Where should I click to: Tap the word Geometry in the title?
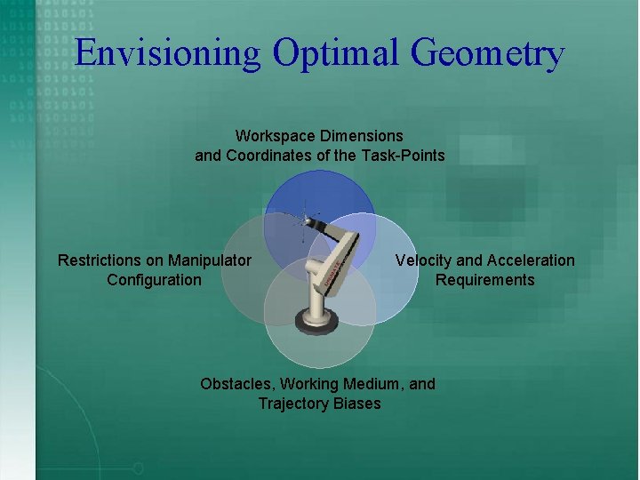tap(488, 53)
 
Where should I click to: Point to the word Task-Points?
tap(403, 156)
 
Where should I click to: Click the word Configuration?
tap(154, 280)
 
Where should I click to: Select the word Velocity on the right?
tap(423, 260)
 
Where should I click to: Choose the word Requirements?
tap(484, 280)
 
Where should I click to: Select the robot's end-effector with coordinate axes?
tap(310, 217)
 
